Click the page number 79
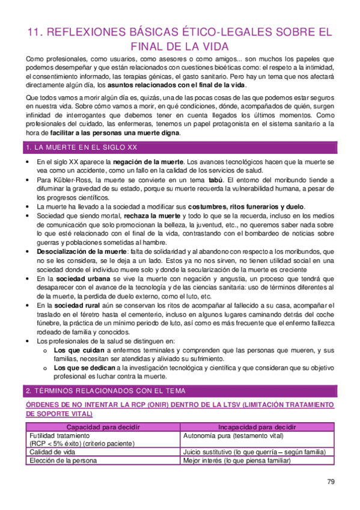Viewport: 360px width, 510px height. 331,481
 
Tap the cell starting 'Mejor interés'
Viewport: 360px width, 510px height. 237,461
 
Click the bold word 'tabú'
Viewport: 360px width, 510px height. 214,180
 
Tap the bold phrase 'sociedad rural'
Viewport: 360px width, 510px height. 76,306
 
